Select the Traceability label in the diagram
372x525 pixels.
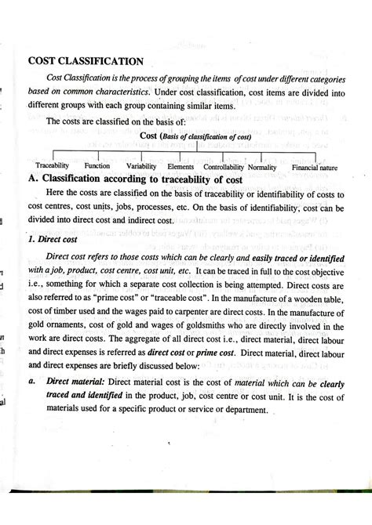[x=53, y=166]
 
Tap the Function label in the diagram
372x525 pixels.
[x=97, y=166]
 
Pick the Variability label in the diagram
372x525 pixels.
[x=141, y=166]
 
